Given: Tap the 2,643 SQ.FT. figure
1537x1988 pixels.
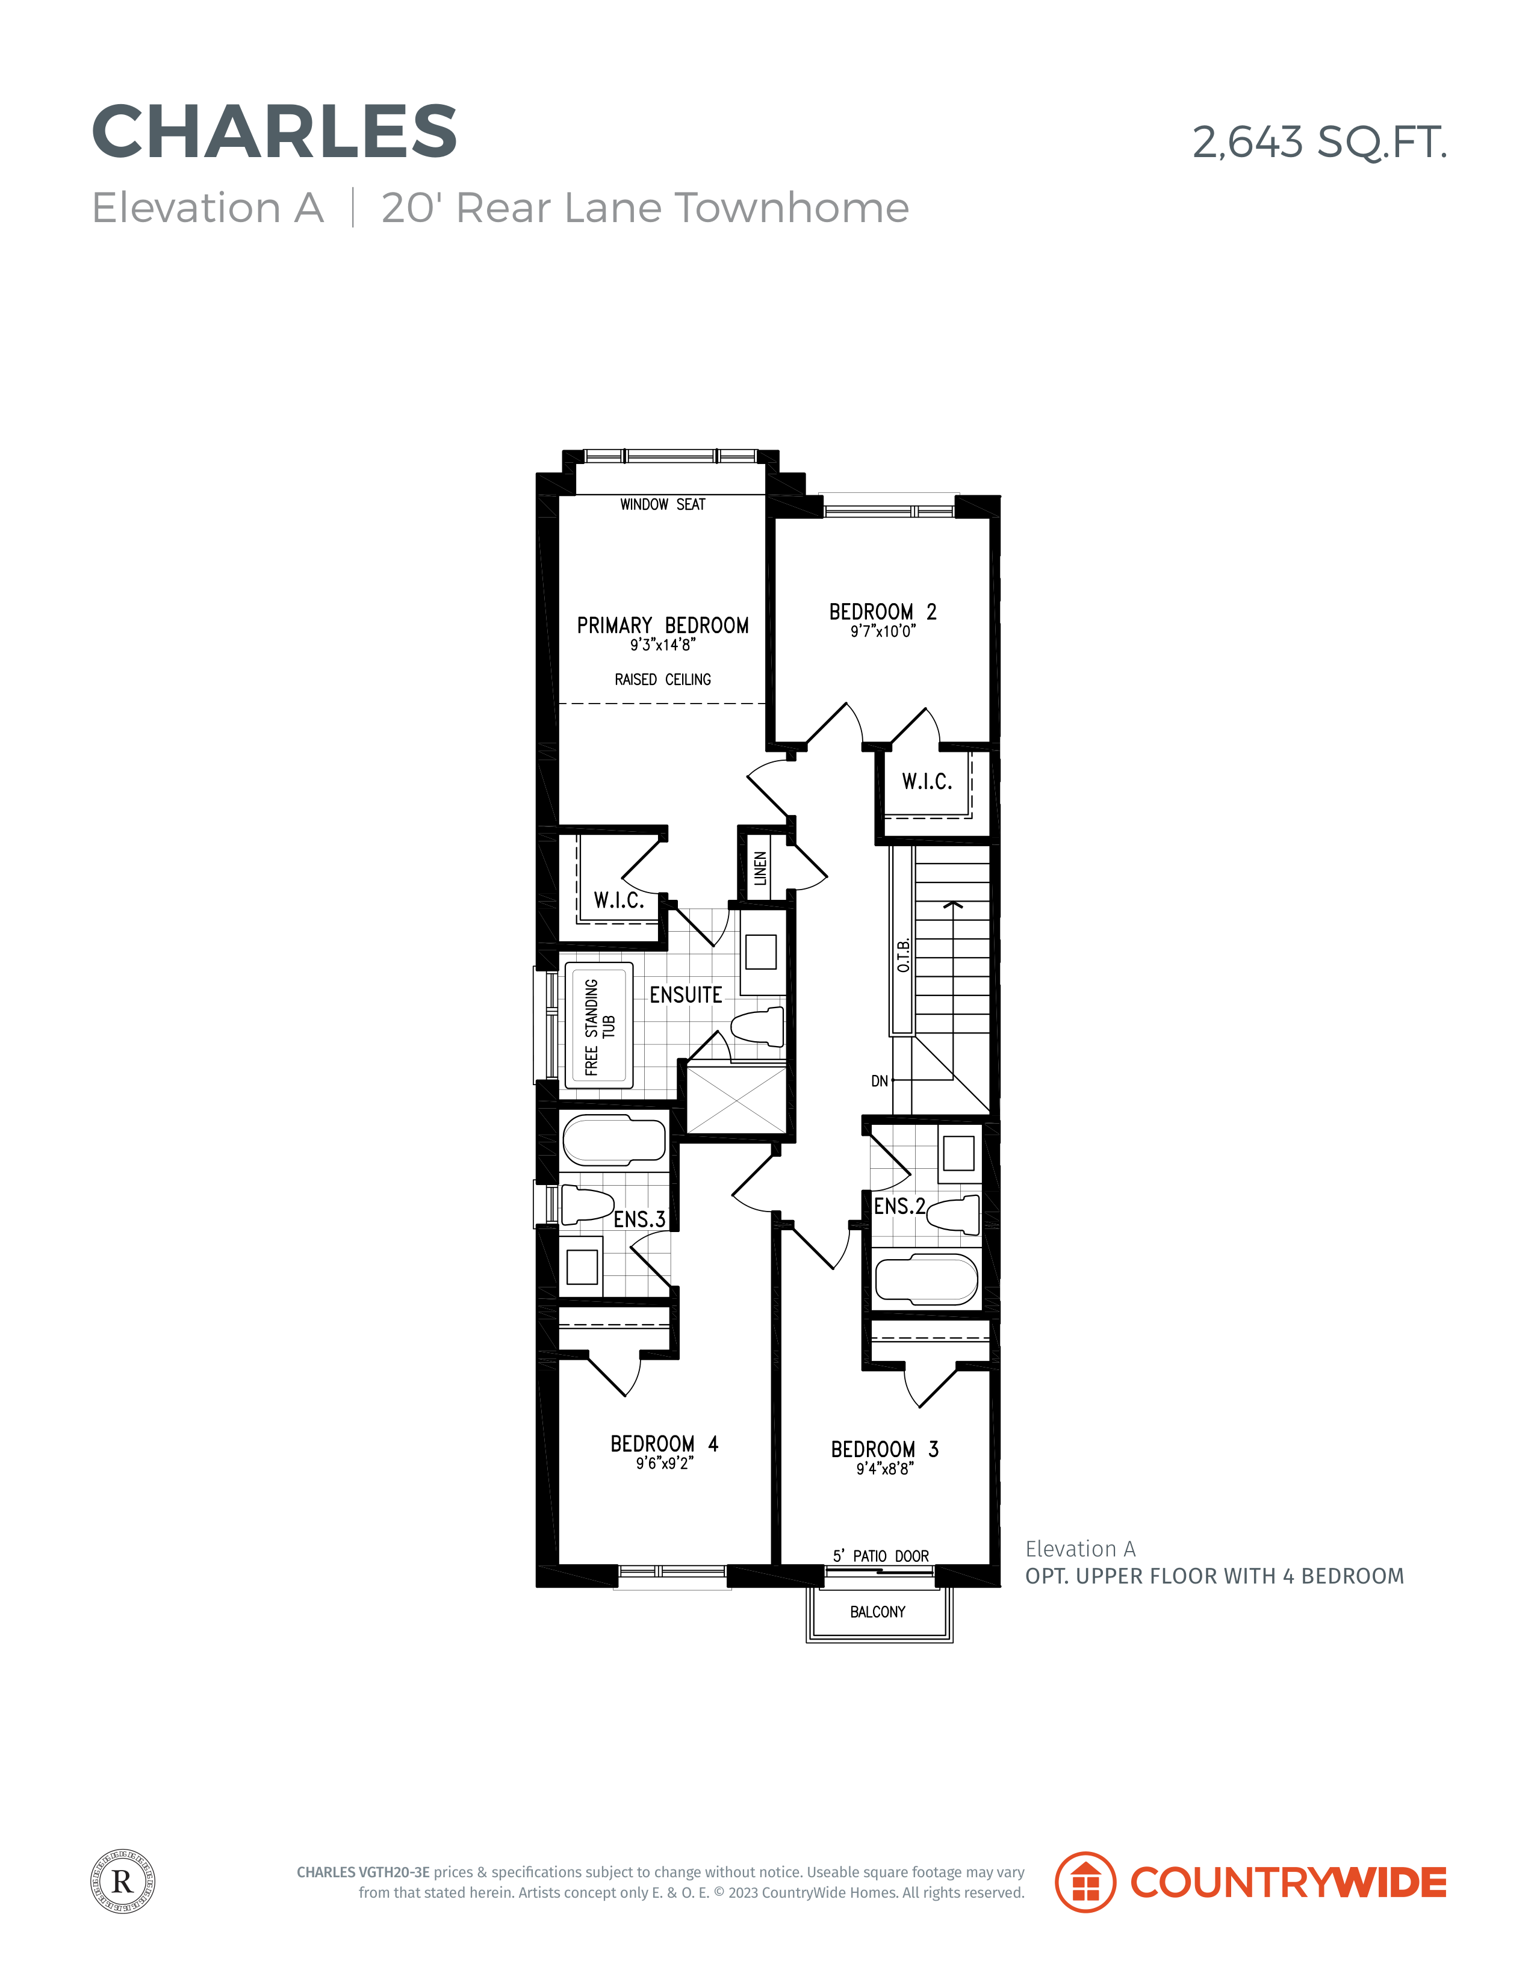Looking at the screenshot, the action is (x=1320, y=143).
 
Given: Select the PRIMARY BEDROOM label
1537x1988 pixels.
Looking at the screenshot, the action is (x=663, y=625).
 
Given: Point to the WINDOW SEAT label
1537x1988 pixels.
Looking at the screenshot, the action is (x=663, y=504).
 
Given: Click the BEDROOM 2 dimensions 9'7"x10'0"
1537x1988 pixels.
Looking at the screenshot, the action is (x=883, y=632).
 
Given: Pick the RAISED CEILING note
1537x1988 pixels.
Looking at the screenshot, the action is (x=663, y=680).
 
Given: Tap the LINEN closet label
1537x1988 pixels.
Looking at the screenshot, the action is (x=760, y=869).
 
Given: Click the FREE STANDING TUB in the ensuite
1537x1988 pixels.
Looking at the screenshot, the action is (x=599, y=1026).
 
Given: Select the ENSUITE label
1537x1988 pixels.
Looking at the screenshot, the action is (x=686, y=995).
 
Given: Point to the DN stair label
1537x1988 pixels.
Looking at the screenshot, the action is (x=880, y=1082).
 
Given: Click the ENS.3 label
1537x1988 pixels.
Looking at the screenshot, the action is (x=639, y=1219).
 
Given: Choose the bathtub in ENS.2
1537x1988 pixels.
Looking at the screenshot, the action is (x=926, y=1280).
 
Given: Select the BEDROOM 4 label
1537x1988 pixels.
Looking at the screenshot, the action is (x=664, y=1444).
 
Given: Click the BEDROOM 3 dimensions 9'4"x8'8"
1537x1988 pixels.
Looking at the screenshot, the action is (x=884, y=1468).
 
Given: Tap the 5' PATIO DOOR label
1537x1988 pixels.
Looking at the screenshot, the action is (x=881, y=1556).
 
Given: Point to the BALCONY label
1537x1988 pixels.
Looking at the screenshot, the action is (x=878, y=1612).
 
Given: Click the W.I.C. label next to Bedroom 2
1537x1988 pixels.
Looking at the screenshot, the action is (x=927, y=781).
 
